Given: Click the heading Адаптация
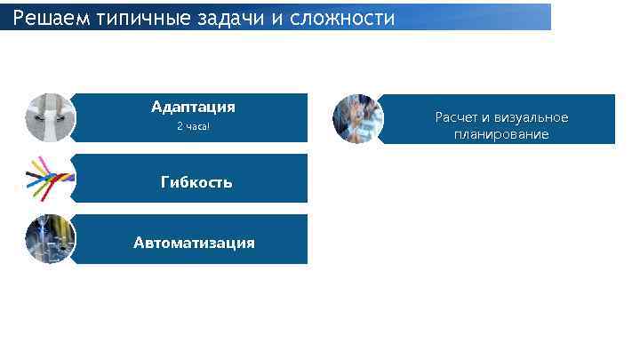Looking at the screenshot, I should point(193,108).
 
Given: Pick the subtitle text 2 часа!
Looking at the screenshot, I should point(193,126).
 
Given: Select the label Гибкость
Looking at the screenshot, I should point(196,182).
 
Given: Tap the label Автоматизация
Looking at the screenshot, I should point(194,243).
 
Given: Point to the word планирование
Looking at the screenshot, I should point(500,135).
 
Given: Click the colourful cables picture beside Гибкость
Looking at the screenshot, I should point(51,179).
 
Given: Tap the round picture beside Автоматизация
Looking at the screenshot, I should point(51,239).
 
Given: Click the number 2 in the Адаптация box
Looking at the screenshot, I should point(180,126).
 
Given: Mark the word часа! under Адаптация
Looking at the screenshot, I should point(197,126).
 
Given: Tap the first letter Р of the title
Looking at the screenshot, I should point(19,18).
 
